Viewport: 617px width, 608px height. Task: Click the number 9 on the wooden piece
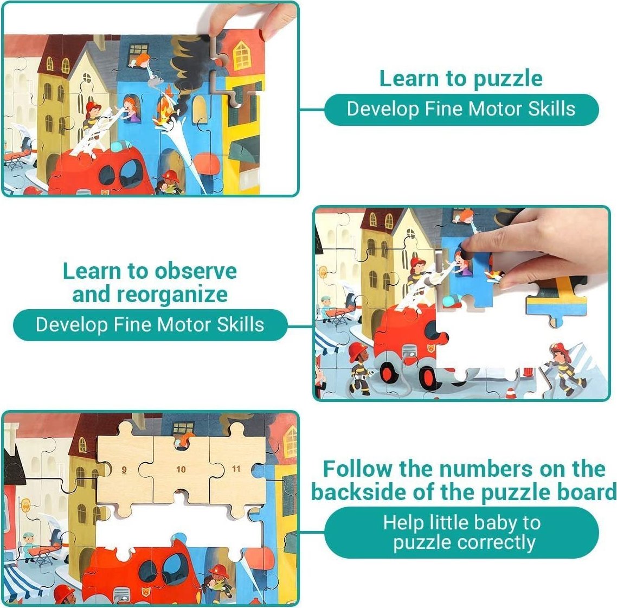click(x=124, y=470)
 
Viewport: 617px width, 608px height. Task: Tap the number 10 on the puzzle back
click(x=181, y=469)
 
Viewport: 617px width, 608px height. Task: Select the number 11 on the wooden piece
click(x=236, y=469)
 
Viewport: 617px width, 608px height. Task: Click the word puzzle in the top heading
click(x=508, y=80)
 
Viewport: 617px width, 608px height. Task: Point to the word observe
click(x=195, y=271)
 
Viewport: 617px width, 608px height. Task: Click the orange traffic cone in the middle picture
click(x=510, y=393)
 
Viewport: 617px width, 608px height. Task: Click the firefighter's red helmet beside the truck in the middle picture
click(x=358, y=350)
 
